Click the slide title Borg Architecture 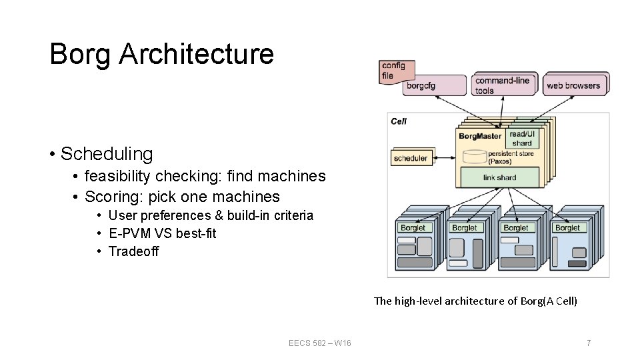click(x=161, y=54)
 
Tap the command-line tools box click(x=503, y=85)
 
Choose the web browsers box click(x=573, y=85)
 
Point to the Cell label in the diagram click(x=399, y=121)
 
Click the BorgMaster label click(x=480, y=137)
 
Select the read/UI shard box click(x=522, y=139)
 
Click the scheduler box click(x=411, y=158)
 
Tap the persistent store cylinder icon click(x=473, y=157)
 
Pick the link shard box click(x=500, y=177)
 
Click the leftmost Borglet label click(x=413, y=227)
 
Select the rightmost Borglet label click(x=567, y=227)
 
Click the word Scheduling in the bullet click(x=107, y=153)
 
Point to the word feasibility click(x=118, y=177)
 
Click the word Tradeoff click(x=133, y=251)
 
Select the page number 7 click(x=588, y=343)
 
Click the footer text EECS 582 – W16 click(x=320, y=343)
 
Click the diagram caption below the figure click(x=475, y=301)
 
